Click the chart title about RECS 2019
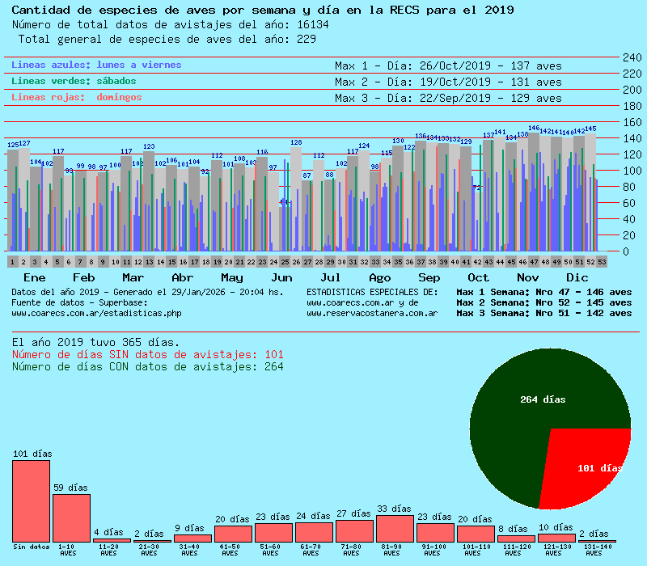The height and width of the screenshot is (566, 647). point(262,11)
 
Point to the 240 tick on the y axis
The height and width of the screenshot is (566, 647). point(632,57)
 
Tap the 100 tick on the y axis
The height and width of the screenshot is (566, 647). point(632,171)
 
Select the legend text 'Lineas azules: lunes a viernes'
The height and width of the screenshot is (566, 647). point(96,65)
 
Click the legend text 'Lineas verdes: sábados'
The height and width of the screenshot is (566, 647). point(74,81)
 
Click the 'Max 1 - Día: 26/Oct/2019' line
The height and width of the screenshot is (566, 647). point(447,65)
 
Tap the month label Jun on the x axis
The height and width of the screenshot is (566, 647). point(282,277)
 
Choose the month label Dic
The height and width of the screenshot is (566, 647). point(577,277)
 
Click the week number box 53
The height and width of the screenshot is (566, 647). point(602,262)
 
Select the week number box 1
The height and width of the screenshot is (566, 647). point(13,262)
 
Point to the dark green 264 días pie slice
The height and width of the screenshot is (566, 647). point(534,404)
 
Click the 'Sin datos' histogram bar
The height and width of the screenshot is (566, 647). point(31,501)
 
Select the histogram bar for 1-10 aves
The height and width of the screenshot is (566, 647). point(71,517)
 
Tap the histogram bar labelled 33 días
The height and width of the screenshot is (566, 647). point(395,529)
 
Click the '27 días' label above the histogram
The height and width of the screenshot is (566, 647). point(353,513)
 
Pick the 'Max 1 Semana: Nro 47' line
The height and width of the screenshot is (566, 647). point(543,292)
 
